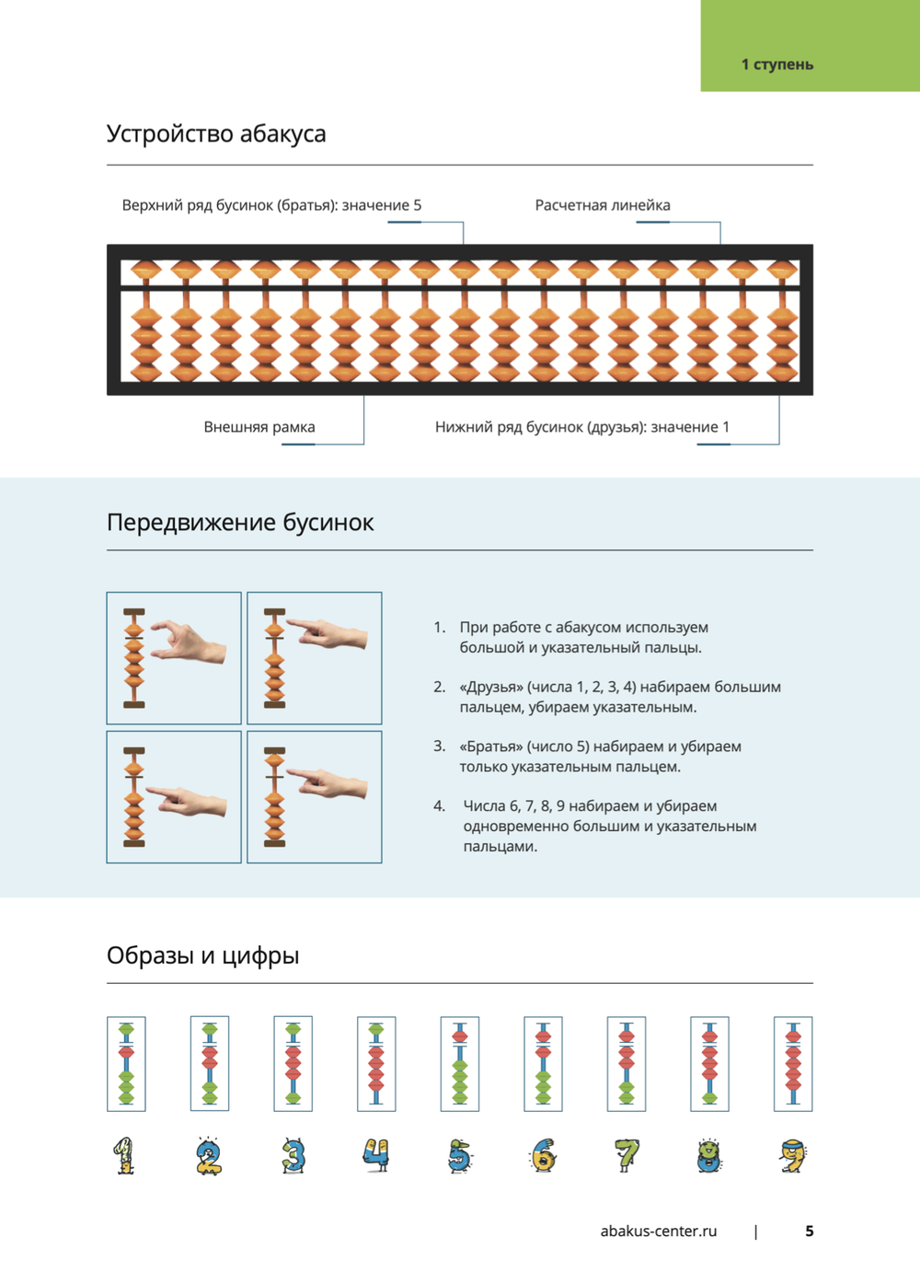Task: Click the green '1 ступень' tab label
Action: coord(777,64)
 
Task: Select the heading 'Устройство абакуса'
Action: coord(216,133)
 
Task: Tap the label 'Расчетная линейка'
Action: coord(603,205)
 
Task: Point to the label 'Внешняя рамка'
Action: coord(259,427)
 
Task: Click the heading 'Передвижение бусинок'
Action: coord(240,523)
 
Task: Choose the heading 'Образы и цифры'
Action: coord(202,955)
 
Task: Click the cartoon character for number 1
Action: coord(125,1156)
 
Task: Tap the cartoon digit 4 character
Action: coord(375,1154)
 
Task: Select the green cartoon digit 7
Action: coord(627,1155)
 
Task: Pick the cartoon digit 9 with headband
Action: coord(793,1156)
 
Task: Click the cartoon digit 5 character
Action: coord(459,1156)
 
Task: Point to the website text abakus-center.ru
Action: coord(658,1232)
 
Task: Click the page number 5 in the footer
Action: coord(810,1232)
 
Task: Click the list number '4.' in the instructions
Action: coord(440,806)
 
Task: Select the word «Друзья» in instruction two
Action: coord(491,687)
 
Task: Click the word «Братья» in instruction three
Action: coord(491,746)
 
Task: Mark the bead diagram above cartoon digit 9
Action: coord(793,1064)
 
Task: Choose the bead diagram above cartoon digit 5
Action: coord(459,1064)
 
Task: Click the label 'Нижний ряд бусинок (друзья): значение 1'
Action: coord(582,427)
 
